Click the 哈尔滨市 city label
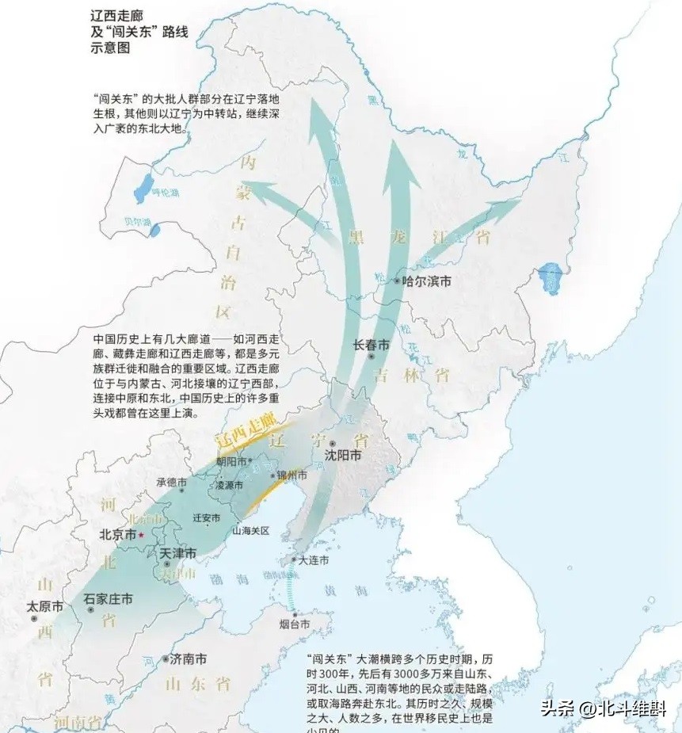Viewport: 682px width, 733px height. point(427,281)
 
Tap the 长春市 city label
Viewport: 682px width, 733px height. point(371,346)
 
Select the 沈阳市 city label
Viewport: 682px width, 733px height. point(343,456)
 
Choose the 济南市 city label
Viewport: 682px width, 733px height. point(189,659)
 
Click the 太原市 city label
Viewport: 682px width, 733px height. point(44,606)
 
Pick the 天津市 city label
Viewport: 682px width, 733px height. point(176,552)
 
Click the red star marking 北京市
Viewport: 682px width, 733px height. point(141,535)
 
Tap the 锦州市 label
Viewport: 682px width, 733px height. point(291,475)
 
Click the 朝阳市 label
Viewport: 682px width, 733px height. point(232,460)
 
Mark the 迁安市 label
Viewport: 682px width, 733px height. point(207,517)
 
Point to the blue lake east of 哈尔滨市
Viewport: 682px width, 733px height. point(550,279)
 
